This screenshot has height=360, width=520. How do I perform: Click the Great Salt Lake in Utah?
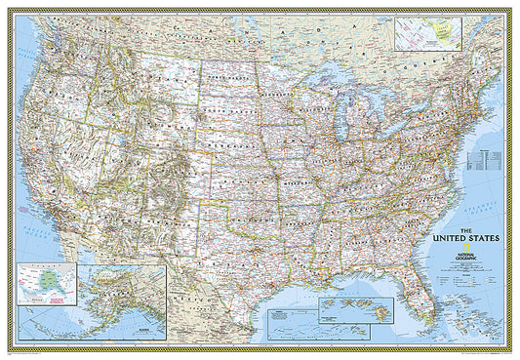[121, 137]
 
